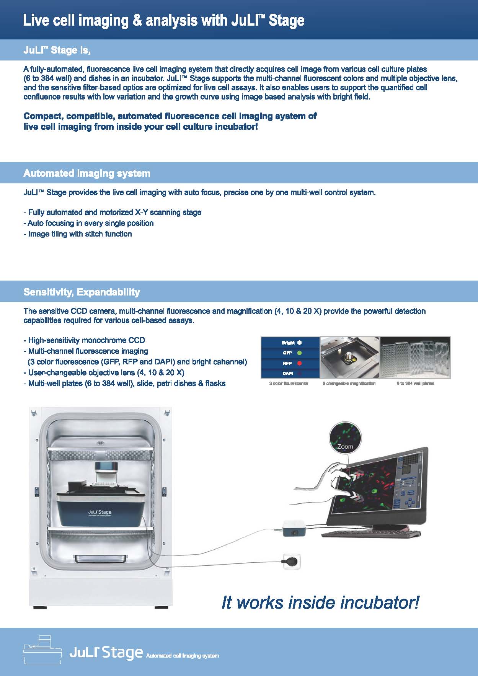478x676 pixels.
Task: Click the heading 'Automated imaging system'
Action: (x=87, y=173)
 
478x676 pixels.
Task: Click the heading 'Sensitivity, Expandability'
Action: (x=82, y=292)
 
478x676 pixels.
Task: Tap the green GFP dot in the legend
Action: (x=299, y=353)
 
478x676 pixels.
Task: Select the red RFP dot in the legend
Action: (x=299, y=363)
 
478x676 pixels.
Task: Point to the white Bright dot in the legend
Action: (x=299, y=343)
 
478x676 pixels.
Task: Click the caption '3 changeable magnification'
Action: (x=349, y=383)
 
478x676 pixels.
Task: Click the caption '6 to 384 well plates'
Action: (x=415, y=383)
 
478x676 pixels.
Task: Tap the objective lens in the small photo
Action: (x=349, y=358)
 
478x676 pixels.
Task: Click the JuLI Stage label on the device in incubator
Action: (x=100, y=512)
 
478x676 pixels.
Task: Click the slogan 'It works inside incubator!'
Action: (x=320, y=602)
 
